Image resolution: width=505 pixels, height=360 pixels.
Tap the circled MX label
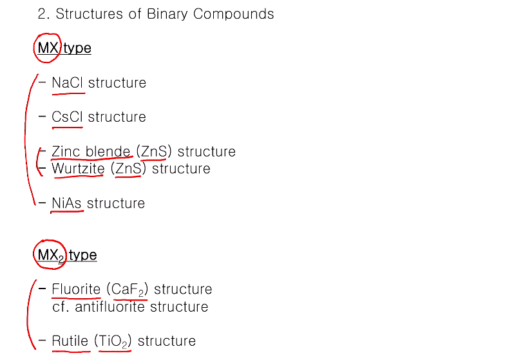pos(48,48)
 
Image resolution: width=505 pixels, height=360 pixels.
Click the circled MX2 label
pos(50,255)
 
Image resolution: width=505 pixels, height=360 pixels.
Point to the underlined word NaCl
pos(68,82)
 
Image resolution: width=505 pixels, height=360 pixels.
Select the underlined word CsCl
pos(68,117)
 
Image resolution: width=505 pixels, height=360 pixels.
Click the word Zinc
pos(66,151)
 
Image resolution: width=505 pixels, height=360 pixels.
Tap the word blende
pos(108,151)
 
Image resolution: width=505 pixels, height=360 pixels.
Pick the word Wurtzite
pos(78,169)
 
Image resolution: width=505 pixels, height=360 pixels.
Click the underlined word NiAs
pos(67,203)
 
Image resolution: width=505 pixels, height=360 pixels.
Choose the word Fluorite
pos(76,289)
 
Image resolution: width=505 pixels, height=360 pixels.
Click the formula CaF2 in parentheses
pos(127,289)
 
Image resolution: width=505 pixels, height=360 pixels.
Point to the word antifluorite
pos(110,307)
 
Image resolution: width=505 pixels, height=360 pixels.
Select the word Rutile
pos(70,341)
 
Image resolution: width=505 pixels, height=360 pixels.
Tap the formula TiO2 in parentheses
pos(113,341)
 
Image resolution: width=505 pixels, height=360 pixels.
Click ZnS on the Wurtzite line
pos(128,169)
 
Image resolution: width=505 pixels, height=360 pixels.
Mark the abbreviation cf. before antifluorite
pos(61,307)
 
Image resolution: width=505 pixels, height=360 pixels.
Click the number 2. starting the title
pos(43,14)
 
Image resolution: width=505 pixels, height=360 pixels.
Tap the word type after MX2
pos(82,255)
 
